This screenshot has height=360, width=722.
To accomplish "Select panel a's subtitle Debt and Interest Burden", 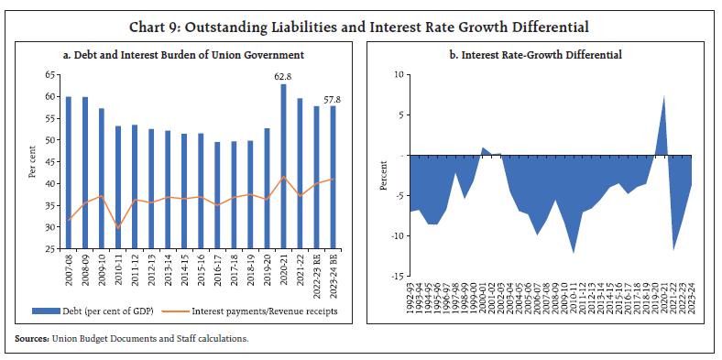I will click(x=182, y=55).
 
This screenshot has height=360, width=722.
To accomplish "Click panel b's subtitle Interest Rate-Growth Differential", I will click(x=536, y=55).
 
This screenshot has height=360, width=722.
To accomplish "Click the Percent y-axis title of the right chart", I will click(x=383, y=176).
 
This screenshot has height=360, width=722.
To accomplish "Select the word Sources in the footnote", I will click(x=33, y=339).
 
